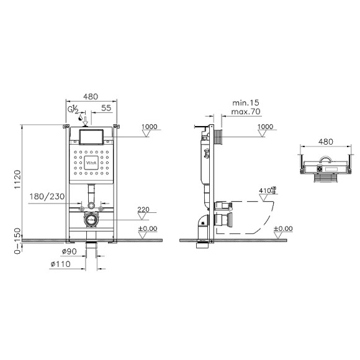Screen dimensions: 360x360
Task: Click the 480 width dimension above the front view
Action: tap(91, 96)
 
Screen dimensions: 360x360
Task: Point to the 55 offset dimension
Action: tap(107, 108)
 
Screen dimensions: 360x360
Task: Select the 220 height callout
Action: tap(144, 210)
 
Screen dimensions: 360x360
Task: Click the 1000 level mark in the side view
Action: tap(266, 127)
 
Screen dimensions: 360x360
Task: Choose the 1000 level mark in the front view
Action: tap(150, 127)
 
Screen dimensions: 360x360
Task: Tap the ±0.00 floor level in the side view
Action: tap(283, 228)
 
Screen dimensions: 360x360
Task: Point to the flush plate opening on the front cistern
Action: tap(91, 136)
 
